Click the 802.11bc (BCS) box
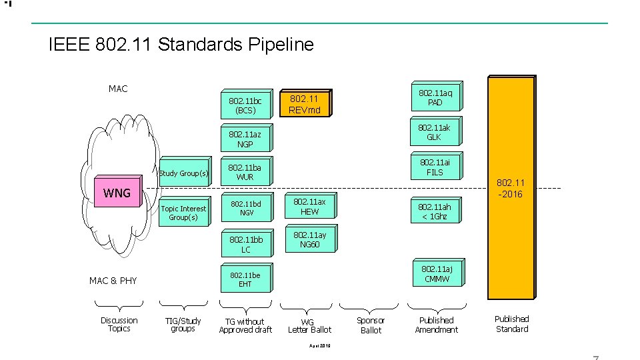245,105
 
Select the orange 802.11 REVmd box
305,103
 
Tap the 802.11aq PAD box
435,97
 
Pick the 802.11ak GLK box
434,131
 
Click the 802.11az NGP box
245,139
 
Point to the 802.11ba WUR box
245,172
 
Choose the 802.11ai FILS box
435,166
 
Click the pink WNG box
117,193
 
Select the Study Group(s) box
183,173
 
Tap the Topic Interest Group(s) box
183,213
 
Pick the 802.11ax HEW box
309,206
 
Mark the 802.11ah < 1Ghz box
435,211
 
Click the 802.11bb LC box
246,243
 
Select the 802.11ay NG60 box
309,239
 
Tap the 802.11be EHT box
245,279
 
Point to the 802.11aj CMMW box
437,273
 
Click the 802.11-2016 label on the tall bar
511,188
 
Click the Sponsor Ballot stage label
371,325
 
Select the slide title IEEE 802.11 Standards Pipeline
181,45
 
